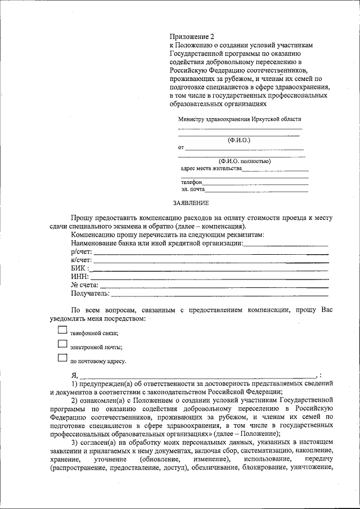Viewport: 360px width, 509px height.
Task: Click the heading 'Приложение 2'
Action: (x=188, y=35)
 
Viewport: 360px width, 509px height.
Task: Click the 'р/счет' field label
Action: (x=81, y=251)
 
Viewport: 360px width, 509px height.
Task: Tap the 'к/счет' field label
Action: (x=81, y=260)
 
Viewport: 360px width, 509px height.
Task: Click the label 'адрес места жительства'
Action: (x=211, y=168)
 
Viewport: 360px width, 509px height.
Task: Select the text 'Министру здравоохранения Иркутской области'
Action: (x=240, y=119)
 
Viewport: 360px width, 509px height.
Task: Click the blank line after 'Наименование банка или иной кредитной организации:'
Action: (x=286, y=245)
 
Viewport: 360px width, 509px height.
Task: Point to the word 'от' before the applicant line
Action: (x=181, y=148)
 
